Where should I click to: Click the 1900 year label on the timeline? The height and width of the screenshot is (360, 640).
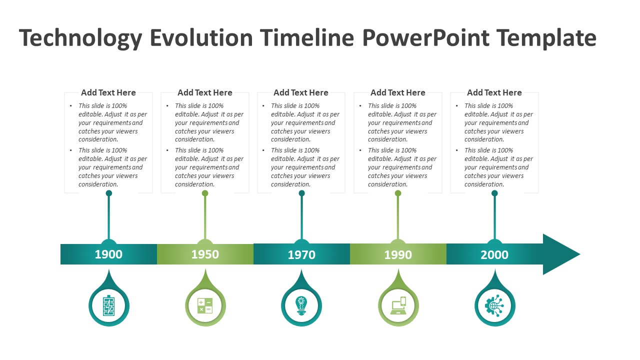(108, 254)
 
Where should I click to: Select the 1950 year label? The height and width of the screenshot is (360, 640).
(205, 254)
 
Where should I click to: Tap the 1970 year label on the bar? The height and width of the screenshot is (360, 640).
(301, 255)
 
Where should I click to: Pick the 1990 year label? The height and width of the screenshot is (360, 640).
(398, 255)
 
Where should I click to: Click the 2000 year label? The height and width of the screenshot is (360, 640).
(494, 255)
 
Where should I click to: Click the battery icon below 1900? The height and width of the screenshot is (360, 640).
(109, 305)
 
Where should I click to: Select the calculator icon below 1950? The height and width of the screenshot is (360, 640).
(205, 305)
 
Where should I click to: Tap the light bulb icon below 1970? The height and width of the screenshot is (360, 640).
(301, 305)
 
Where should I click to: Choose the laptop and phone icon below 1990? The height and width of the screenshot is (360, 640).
(398, 305)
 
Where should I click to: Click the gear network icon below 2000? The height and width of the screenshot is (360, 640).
(494, 305)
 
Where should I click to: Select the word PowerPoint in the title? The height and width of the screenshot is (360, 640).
(425, 38)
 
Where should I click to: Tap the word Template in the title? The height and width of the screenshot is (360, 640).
(546, 38)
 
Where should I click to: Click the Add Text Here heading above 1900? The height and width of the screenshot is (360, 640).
(108, 92)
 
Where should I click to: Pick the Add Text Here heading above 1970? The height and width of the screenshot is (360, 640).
(301, 92)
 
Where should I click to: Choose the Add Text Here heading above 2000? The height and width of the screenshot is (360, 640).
(494, 92)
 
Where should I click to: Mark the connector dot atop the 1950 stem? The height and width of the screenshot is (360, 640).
(205, 193)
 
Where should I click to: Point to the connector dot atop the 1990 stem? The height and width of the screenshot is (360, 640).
(398, 193)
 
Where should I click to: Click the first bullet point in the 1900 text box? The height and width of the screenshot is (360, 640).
(110, 122)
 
